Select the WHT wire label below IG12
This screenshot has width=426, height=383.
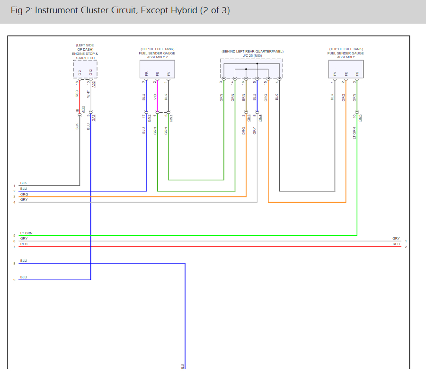88,93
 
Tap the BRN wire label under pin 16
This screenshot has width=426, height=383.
244,97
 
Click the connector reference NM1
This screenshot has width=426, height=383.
171,116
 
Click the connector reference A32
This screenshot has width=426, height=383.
94,84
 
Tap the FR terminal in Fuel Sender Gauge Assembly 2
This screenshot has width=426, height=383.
146,74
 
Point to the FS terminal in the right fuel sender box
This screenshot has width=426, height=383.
357,74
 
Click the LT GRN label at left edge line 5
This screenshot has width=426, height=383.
27,233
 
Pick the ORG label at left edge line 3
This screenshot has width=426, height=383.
24,194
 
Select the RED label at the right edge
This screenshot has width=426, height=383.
396,244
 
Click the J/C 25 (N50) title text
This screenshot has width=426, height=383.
252,55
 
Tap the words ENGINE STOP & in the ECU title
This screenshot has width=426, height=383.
85,53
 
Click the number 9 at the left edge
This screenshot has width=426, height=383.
14,280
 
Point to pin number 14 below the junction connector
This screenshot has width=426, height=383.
232,83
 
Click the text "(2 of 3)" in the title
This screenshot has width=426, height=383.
214,10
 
